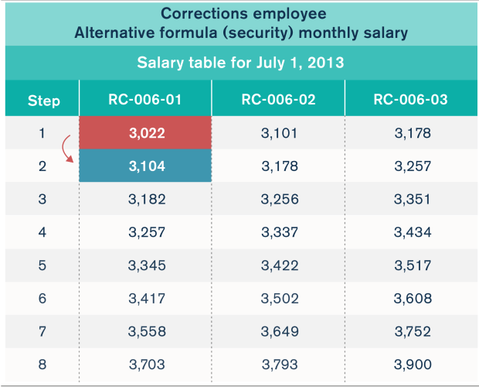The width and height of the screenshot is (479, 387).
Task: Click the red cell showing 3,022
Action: coord(145,133)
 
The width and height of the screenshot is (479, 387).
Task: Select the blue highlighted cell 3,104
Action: coord(145,166)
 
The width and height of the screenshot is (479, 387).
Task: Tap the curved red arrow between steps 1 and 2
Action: coord(68,149)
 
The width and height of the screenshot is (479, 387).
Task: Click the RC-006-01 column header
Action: coord(145,100)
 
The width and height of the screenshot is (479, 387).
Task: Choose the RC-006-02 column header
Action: coord(278,100)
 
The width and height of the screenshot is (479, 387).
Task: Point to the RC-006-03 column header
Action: coord(410,100)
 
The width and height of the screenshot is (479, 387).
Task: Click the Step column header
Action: coord(43,101)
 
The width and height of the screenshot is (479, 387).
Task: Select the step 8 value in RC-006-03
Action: coord(410,364)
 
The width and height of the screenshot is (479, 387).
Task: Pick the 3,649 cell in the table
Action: coord(278,330)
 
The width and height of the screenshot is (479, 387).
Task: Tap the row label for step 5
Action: coord(42,265)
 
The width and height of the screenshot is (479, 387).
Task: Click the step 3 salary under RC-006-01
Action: coord(145,199)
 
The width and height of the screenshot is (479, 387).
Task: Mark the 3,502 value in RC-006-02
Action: coord(278,298)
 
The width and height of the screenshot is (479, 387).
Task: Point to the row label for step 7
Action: coord(42,330)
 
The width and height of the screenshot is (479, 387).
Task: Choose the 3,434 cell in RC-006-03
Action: coord(410,232)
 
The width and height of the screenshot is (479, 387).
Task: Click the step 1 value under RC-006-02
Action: coord(278,133)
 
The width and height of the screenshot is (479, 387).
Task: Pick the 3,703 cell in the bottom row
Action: coord(145,364)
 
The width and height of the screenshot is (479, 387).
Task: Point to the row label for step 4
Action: coord(42,232)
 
